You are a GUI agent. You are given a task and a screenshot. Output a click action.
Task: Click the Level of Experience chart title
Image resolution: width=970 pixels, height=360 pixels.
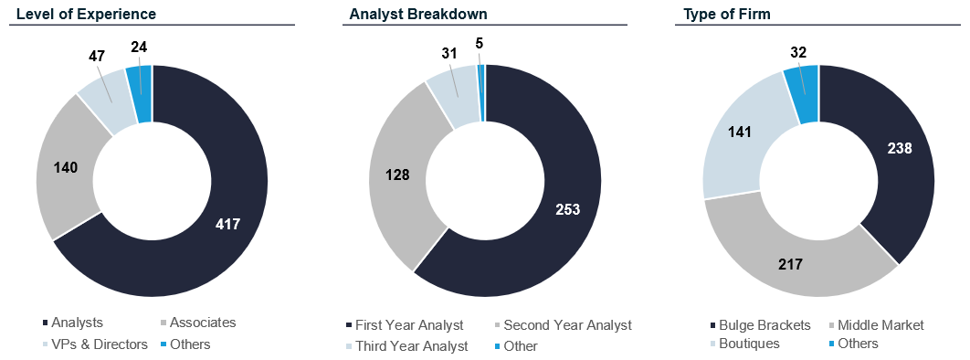coord(86,14)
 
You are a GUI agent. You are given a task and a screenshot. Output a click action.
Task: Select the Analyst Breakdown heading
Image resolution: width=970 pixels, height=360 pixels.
coord(418,14)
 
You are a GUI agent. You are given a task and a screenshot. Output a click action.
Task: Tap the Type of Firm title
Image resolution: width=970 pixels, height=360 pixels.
coord(726,14)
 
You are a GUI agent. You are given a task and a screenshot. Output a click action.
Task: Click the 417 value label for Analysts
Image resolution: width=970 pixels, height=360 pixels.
coord(227,224)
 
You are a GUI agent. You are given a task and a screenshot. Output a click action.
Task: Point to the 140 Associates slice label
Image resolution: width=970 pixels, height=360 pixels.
coord(66,167)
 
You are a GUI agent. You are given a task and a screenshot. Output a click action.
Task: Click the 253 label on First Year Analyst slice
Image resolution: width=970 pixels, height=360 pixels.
coord(568,209)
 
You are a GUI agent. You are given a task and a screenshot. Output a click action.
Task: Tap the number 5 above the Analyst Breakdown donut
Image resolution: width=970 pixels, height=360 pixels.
coord(480,45)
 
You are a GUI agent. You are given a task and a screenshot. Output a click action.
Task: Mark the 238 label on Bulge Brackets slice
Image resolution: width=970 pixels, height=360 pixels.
coord(900,148)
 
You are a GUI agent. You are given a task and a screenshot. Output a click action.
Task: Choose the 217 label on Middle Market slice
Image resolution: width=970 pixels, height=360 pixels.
coord(790,264)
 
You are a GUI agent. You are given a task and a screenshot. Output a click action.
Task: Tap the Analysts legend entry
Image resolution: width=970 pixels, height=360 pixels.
coord(72,323)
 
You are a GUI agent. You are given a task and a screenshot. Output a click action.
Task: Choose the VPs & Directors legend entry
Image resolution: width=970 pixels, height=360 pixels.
coord(95,344)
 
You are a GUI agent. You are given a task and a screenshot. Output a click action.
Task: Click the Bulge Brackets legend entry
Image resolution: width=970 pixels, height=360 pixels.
coord(760,324)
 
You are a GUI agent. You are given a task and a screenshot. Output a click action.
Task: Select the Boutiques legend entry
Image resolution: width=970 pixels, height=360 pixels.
coord(743,344)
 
